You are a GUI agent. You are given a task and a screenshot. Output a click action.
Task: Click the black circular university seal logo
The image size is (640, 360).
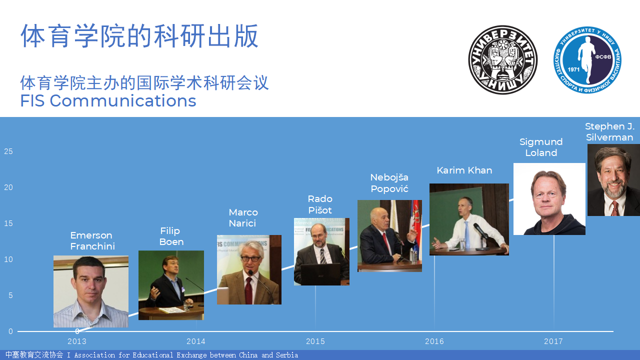click(x=503, y=59)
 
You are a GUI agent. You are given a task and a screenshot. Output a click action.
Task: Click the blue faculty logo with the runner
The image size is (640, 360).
click(x=587, y=60)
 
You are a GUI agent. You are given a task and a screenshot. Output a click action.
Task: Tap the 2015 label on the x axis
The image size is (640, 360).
click(x=315, y=341)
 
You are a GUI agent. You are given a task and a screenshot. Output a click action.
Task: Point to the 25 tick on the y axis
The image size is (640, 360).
click(x=8, y=151)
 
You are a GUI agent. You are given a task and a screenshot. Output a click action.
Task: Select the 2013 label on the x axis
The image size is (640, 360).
click(x=77, y=341)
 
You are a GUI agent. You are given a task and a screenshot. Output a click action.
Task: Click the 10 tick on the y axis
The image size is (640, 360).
click(x=8, y=259)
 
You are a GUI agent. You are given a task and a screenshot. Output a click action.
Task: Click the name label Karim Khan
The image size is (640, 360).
click(x=464, y=170)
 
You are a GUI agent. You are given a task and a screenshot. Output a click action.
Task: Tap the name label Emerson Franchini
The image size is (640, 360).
click(x=92, y=240)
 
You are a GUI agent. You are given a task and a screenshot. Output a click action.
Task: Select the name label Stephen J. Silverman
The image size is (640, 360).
click(x=609, y=131)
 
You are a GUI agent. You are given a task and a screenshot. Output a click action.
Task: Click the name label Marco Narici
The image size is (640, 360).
click(x=243, y=217)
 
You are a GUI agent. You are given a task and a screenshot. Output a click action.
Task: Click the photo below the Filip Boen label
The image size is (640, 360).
click(x=171, y=285)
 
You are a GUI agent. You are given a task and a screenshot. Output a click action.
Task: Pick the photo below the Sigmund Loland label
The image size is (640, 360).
click(x=549, y=199)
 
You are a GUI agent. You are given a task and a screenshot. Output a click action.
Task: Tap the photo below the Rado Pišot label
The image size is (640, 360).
click(x=321, y=251)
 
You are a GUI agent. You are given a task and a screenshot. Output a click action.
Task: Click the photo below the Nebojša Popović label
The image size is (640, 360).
click(x=389, y=235)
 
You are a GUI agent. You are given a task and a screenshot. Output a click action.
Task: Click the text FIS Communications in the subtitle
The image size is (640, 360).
click(x=108, y=101)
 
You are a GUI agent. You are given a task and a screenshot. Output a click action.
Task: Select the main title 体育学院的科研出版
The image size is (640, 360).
click(x=139, y=36)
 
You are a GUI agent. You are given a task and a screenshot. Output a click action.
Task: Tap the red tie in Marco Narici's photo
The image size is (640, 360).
click(x=249, y=290)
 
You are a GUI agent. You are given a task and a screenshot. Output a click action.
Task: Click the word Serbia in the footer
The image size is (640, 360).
click(x=287, y=355)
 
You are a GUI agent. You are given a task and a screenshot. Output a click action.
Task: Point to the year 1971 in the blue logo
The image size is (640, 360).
click(x=573, y=69)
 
